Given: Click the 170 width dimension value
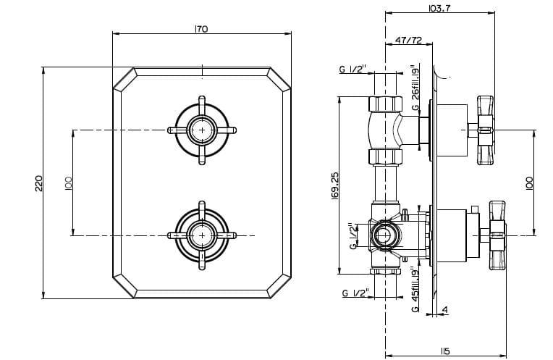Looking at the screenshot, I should (201, 29).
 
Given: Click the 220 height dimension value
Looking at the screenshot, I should (40, 183).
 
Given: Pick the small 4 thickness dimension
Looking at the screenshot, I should (444, 310).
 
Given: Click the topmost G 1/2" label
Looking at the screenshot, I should (353, 70).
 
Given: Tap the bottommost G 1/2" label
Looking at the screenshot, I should (353, 293).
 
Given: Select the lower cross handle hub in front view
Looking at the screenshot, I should (202, 234).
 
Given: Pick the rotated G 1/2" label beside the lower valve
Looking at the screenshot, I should (353, 236).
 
